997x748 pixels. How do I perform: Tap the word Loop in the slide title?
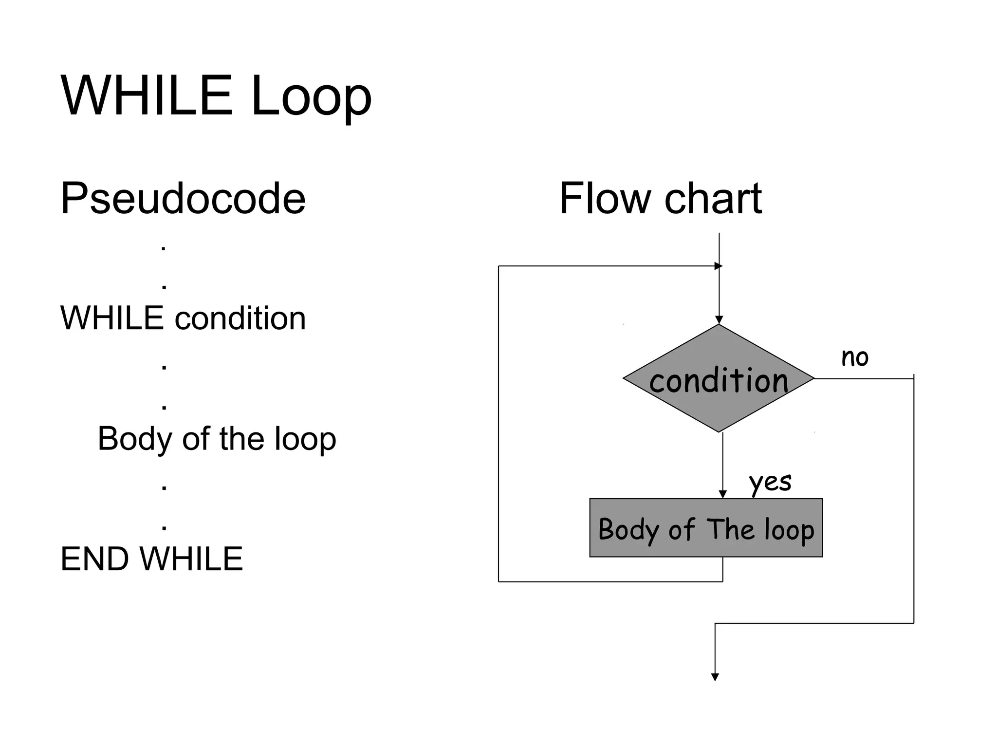311,97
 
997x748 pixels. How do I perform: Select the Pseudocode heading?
183,198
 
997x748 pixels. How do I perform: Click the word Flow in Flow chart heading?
605,198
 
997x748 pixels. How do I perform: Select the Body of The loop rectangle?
705,528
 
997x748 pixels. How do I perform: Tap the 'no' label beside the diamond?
854,357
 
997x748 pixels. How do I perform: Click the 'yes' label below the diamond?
770,482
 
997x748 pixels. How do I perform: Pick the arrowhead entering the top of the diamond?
719,320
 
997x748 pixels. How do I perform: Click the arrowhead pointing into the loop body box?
722,494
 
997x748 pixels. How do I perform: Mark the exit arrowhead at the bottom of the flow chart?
715,677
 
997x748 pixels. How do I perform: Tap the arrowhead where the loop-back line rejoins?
718,266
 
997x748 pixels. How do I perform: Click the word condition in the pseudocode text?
240,318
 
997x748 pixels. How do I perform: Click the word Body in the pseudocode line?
135,439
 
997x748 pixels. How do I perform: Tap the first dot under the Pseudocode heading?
164,249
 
